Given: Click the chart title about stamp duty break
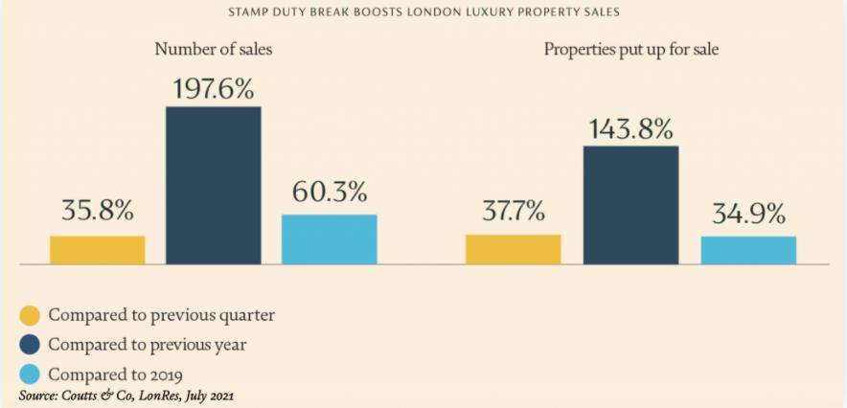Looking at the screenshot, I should coord(423,12).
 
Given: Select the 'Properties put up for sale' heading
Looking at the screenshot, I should coord(630,49).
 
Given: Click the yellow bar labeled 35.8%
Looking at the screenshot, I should coord(98,249).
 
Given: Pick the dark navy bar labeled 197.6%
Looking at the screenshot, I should coord(213,185).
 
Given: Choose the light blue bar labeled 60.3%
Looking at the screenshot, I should coord(329,238).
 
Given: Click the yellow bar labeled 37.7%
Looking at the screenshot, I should coord(514,249).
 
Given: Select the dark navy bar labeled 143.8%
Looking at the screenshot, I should coord(630,204).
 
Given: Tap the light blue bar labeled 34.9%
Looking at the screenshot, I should coord(748,249).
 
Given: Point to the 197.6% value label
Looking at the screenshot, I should coord(213,90).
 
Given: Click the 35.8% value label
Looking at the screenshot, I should coord(98,211).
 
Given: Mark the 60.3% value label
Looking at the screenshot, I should coord(329,192).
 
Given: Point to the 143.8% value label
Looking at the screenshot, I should coord(630,130).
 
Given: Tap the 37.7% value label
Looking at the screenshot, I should coord(514,211).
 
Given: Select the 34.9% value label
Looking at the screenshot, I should coord(748,213).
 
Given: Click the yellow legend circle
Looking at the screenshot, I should coord(30,315).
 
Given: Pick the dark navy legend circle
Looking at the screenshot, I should coord(30,344).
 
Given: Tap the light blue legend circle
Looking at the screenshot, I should coord(30,374).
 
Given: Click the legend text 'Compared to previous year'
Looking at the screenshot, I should coord(153,344).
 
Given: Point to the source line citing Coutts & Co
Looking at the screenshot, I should coord(126,395).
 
